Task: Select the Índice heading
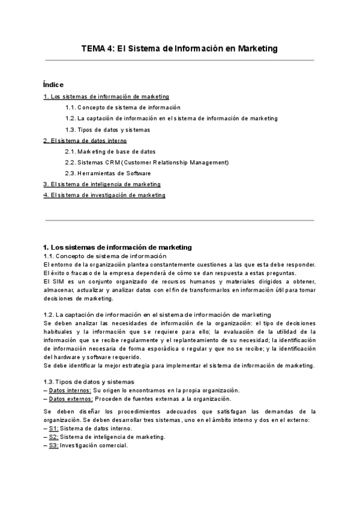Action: click(53, 84)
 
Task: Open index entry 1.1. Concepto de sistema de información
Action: click(115, 107)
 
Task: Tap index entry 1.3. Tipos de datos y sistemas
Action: click(107, 130)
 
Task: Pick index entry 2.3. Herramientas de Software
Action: click(107, 173)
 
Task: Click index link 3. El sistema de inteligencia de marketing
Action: click(102, 184)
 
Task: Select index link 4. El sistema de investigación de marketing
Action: click(104, 195)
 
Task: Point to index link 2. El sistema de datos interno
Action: click(85, 140)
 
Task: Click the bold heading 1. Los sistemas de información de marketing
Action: click(118, 247)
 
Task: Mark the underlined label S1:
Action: click(53, 429)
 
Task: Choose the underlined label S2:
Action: click(53, 437)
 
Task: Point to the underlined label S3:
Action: click(53, 445)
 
